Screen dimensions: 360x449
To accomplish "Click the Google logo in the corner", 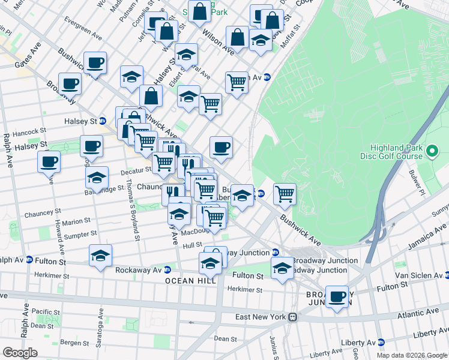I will (x=20, y=352).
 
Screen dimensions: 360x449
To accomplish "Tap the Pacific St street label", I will (x=46, y=312).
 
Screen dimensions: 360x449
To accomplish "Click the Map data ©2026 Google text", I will (x=411, y=355).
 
